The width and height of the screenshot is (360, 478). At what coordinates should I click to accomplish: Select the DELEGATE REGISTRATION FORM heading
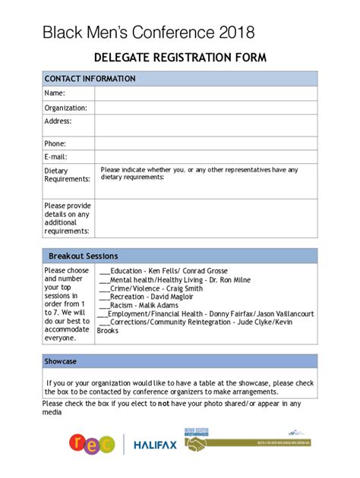[x=180, y=58]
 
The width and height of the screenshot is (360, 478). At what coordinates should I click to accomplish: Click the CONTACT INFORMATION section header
[x=90, y=79]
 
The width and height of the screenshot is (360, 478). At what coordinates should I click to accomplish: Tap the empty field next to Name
[x=205, y=93]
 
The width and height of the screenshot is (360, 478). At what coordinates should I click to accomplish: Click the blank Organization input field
[x=205, y=108]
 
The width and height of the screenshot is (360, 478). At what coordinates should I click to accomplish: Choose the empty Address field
[x=205, y=125]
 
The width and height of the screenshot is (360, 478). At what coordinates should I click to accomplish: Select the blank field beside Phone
[x=205, y=143]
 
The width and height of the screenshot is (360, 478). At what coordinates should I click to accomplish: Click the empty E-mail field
[x=205, y=156]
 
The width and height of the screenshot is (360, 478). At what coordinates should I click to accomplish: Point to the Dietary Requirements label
[x=67, y=175]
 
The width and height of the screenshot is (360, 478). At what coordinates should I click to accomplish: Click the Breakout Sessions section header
[x=84, y=256]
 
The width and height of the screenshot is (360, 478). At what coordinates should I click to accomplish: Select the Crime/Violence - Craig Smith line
[x=152, y=288]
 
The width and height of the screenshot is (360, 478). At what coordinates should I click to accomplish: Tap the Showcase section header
[x=60, y=361]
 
